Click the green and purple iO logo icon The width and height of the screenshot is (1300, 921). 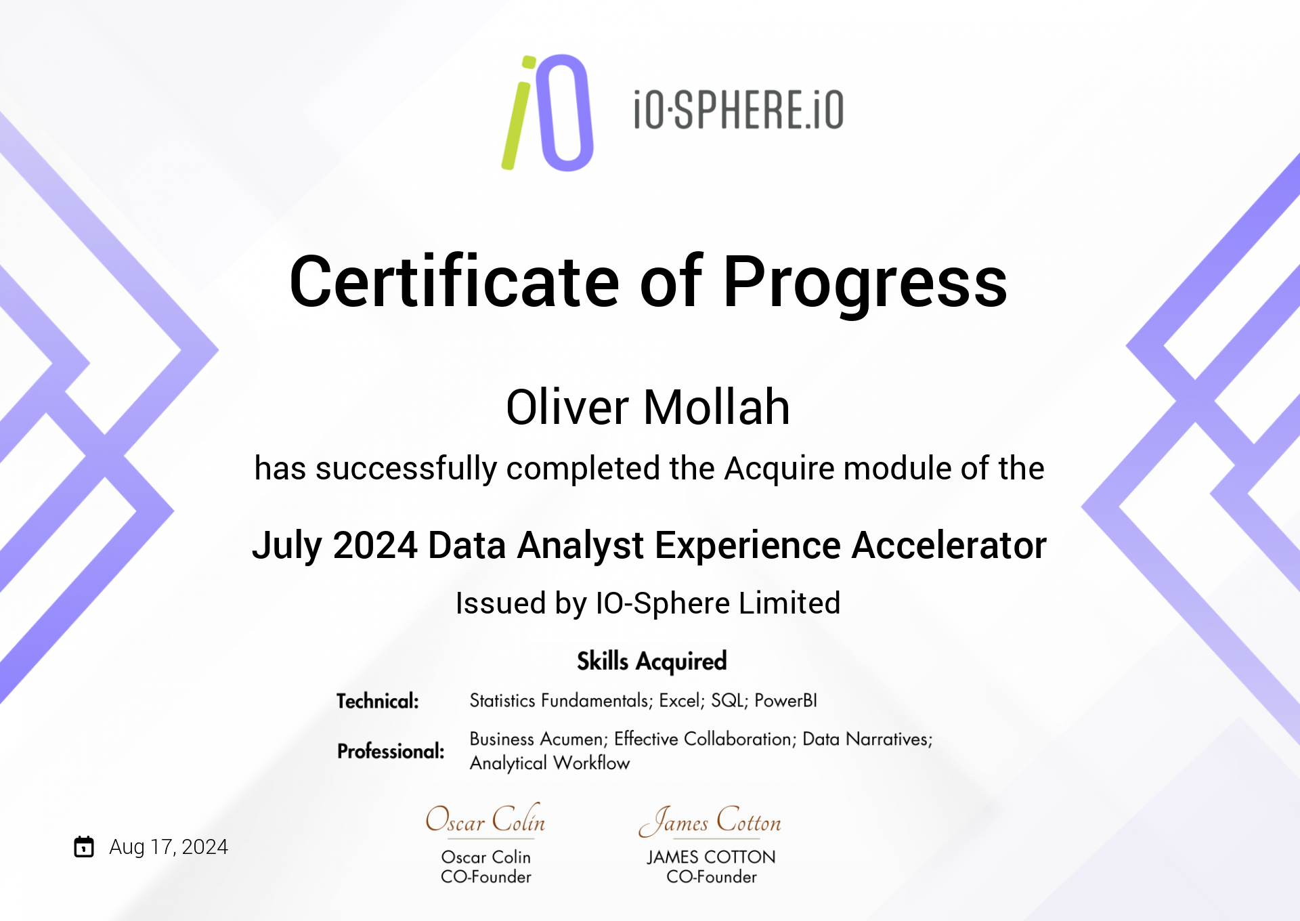[548, 112]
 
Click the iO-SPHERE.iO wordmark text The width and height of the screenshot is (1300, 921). [739, 110]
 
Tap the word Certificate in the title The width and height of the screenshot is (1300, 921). [454, 282]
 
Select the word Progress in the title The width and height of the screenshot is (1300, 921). [865, 285]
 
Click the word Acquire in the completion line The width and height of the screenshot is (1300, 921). [779, 469]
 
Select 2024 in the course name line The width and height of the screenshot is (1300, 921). [375, 546]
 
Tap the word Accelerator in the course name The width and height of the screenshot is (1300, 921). [949, 546]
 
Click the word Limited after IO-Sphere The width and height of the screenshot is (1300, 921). [789, 603]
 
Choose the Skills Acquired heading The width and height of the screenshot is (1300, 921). [651, 662]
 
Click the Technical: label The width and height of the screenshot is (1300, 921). [378, 701]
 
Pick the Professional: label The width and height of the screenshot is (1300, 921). [391, 751]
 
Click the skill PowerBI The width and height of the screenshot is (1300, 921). [785, 701]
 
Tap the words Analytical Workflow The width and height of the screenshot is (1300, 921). [550, 763]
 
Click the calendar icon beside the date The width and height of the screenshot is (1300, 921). [84, 847]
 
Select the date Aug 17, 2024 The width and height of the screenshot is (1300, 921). [169, 847]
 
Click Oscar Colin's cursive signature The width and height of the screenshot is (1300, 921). [485, 819]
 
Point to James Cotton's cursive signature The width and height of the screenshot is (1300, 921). [710, 821]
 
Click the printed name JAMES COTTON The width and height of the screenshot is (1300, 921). [711, 857]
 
